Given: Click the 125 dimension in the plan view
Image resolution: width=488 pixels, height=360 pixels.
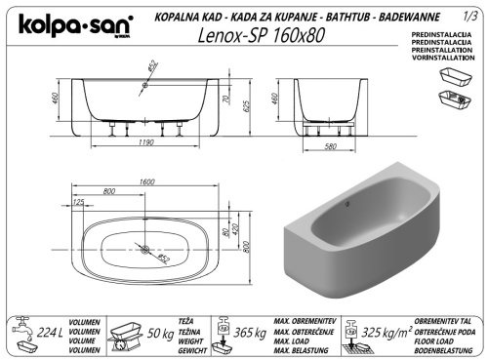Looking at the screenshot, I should click(77, 203).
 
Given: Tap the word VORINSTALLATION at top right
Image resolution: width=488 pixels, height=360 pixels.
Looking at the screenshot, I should click(434, 60).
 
